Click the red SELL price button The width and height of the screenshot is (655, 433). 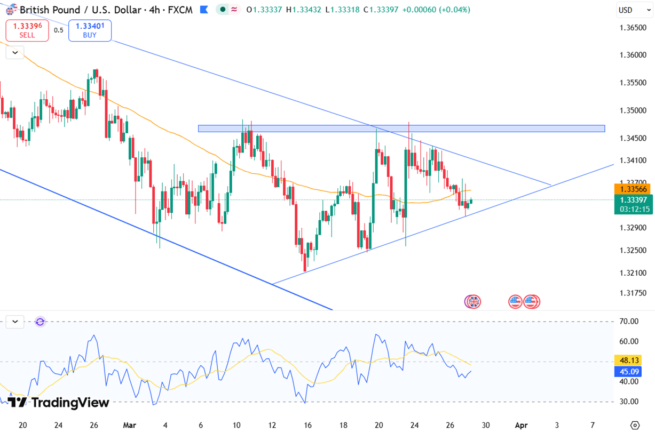pyautogui.click(x=27, y=30)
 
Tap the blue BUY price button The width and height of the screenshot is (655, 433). pyautogui.click(x=90, y=30)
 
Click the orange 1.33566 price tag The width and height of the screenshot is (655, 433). pyautogui.click(x=632, y=189)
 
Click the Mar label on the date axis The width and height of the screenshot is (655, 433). pyautogui.click(x=129, y=425)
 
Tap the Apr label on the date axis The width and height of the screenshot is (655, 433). pyautogui.click(x=520, y=425)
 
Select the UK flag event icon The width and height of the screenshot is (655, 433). pyautogui.click(x=473, y=302)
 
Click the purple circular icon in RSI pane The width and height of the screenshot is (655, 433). pyautogui.click(x=40, y=322)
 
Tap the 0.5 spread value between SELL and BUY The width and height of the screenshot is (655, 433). pyautogui.click(x=58, y=30)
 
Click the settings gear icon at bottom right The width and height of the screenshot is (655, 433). pyautogui.click(x=635, y=425)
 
